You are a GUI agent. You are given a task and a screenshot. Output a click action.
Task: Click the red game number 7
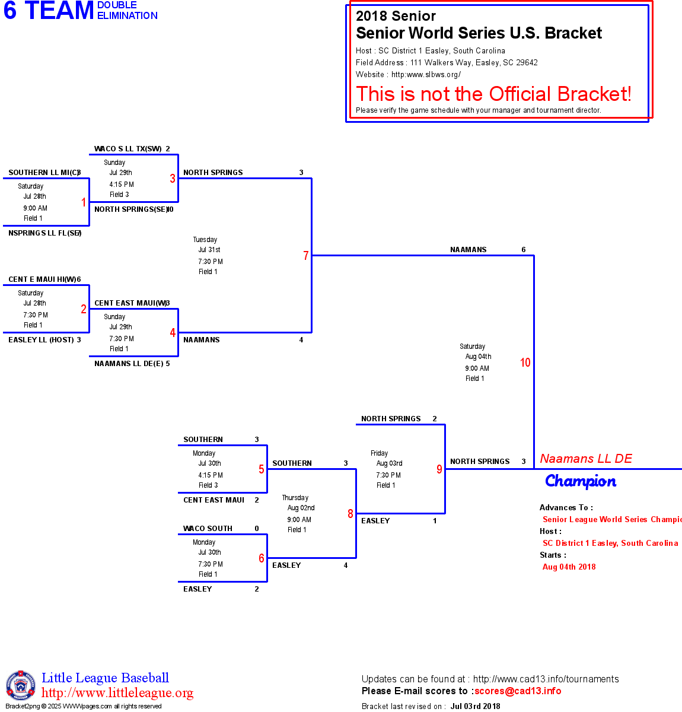point(306,256)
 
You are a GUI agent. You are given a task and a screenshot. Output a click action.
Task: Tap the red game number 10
point(525,363)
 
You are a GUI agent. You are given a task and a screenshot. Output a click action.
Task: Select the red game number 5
point(261,469)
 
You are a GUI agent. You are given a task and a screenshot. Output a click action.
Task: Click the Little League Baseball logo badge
point(21,685)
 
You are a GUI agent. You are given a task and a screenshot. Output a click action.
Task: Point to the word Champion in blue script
point(581,481)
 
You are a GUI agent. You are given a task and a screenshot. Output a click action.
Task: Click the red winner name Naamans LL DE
point(585,459)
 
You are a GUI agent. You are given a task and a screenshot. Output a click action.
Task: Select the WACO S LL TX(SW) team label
point(128,149)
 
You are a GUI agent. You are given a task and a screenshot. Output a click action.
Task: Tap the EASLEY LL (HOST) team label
point(41,340)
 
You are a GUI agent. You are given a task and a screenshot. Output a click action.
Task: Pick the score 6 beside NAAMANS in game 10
point(524,250)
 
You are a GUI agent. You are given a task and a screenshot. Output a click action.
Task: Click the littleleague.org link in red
point(117,693)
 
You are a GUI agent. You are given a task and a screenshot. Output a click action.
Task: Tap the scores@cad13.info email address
point(518,691)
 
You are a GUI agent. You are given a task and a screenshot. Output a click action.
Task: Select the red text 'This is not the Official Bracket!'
point(493,94)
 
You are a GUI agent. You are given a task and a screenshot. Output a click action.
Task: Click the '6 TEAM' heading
point(49,11)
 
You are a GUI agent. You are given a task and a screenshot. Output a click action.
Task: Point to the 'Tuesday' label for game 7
point(205,240)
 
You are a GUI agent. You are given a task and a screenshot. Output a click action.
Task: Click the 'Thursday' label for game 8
point(295,498)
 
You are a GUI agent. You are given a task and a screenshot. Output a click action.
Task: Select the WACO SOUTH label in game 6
point(208,529)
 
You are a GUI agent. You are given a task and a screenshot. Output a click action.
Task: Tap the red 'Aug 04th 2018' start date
point(569,567)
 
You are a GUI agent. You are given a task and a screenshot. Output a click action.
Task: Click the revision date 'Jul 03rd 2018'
point(475,706)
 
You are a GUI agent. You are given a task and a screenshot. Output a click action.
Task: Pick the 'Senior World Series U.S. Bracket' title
point(479,33)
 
